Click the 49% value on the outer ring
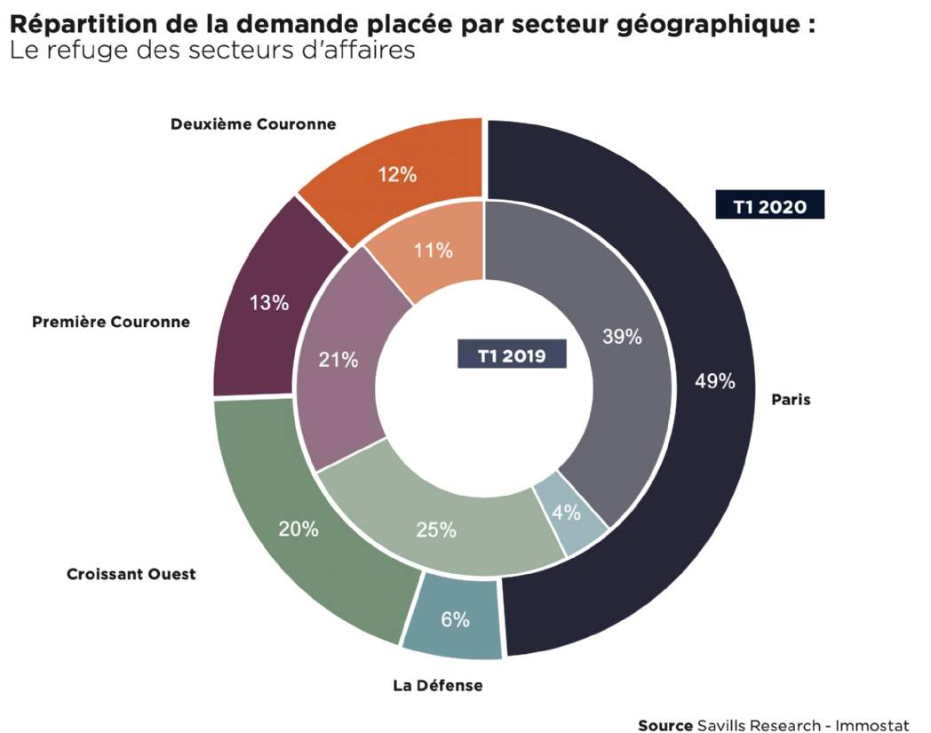pyautogui.click(x=715, y=381)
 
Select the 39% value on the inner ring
pyautogui.click(x=622, y=337)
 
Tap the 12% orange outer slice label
pyautogui.click(x=397, y=175)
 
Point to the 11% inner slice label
pyautogui.click(x=433, y=250)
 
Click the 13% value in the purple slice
pyautogui.click(x=269, y=302)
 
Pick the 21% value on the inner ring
pyautogui.click(x=338, y=359)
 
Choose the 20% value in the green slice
pyautogui.click(x=298, y=529)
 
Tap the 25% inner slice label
pyautogui.click(x=436, y=530)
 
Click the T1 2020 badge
pyautogui.click(x=769, y=204)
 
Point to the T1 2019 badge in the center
pyautogui.click(x=512, y=354)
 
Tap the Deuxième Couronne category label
pyautogui.click(x=253, y=124)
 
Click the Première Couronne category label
pyautogui.click(x=111, y=322)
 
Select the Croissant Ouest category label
pyautogui.click(x=131, y=574)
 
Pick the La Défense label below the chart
pyautogui.click(x=438, y=686)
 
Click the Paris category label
pyautogui.click(x=791, y=400)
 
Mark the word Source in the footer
pyautogui.click(x=665, y=725)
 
